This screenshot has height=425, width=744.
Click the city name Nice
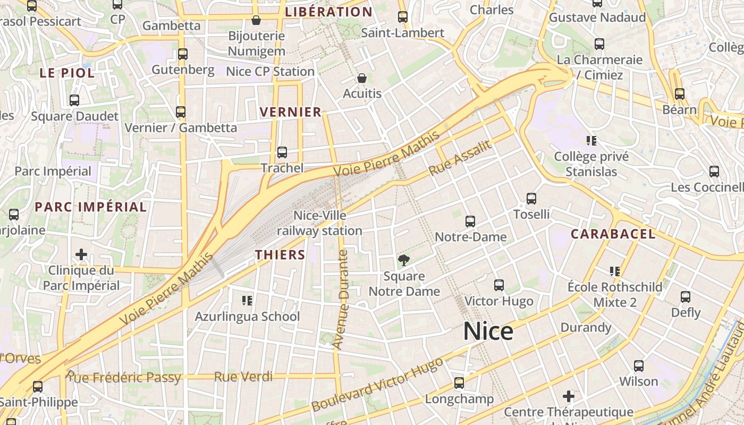coord(488,331)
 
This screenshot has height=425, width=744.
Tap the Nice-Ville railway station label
coord(319,223)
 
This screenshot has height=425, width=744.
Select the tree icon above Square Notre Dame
coord(404,260)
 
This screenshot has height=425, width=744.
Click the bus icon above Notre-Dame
coord(470,222)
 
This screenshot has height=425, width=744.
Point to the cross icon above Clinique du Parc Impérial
coord(81,254)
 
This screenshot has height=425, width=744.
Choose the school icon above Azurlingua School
coord(247,301)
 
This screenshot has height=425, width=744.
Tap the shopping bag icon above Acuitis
coord(362,78)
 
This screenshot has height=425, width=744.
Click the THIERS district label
coord(280,255)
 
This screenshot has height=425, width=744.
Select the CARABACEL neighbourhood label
coord(613,234)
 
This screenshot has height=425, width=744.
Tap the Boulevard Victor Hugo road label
coord(377,384)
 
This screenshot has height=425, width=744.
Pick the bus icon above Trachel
coord(282,152)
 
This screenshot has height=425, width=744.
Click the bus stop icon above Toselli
coord(531,199)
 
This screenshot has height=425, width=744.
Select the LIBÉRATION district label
coord(328,12)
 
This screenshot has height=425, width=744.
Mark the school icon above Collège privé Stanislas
coord(591,141)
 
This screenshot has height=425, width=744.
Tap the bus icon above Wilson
coord(638,366)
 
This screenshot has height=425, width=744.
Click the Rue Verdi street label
coord(243,377)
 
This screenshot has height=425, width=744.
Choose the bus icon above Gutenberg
coord(183,54)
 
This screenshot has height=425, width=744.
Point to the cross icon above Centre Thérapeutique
coord(569,396)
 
